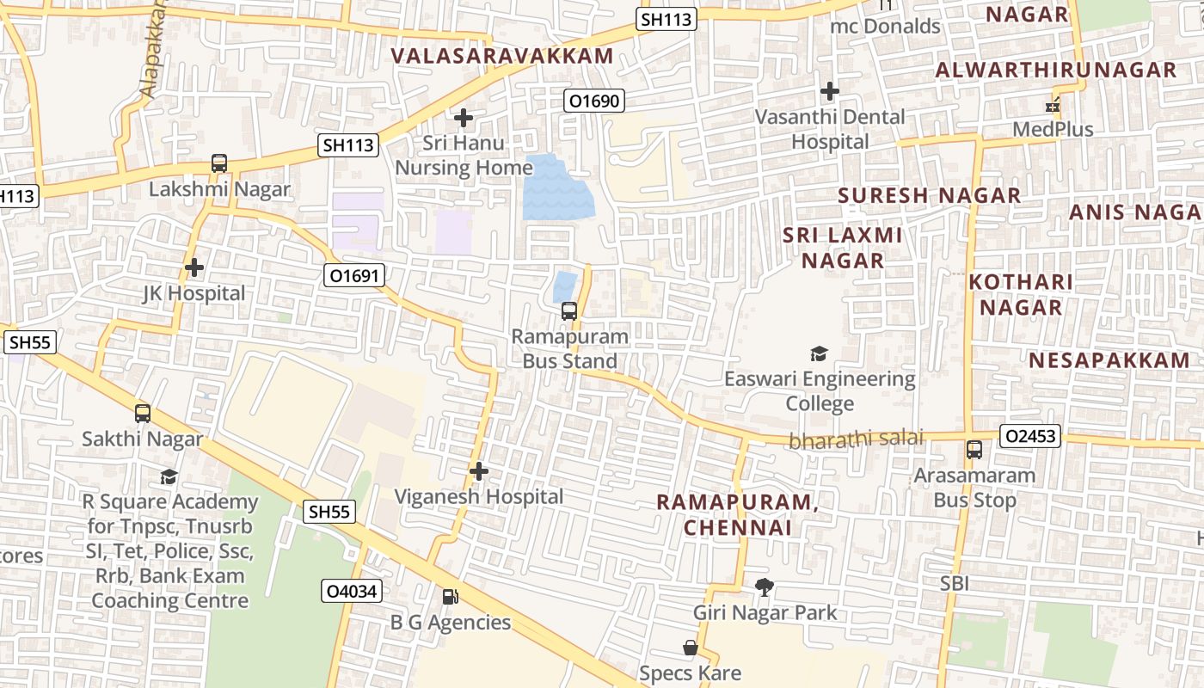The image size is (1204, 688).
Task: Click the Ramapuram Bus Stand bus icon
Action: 568,311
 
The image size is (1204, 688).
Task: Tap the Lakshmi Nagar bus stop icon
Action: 219,163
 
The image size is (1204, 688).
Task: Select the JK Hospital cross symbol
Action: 194,267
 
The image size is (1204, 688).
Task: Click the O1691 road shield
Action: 353,275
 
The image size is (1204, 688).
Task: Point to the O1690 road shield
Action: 593,101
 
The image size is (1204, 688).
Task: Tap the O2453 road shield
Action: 1030,437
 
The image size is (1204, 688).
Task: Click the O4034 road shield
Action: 352,591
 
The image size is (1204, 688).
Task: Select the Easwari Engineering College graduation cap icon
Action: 819,353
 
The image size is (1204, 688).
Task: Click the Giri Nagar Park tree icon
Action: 764,587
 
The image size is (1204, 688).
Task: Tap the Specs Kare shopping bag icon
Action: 690,648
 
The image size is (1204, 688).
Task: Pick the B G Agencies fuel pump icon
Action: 450,597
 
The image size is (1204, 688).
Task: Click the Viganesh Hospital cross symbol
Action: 479,471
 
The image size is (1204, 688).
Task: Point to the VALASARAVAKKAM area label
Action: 502,57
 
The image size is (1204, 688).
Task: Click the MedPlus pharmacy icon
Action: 1052,106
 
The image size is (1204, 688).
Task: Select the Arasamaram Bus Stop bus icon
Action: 974,450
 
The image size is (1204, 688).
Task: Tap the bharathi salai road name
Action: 856,439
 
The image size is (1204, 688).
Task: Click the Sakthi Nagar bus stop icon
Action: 143,414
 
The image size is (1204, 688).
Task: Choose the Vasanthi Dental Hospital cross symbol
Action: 830,90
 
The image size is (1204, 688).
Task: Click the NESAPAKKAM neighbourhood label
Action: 1109,360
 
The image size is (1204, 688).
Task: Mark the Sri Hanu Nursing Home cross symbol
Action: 464,118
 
